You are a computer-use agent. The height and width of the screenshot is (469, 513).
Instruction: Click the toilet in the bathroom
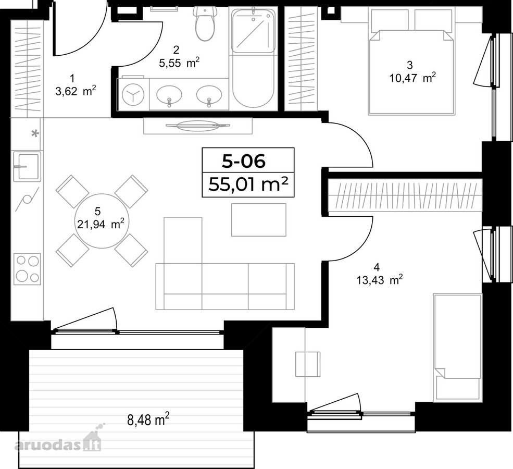(x=205, y=23)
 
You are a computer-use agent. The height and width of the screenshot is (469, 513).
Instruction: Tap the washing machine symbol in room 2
(x=133, y=94)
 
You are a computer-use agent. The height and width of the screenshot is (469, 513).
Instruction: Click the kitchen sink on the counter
(x=27, y=166)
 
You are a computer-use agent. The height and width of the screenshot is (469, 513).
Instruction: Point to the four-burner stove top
(x=28, y=269)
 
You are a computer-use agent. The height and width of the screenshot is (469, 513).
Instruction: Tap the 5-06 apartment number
(x=243, y=161)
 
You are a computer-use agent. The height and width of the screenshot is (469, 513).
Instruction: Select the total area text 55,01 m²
(x=248, y=185)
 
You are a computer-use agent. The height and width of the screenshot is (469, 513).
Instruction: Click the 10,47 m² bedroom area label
(x=412, y=78)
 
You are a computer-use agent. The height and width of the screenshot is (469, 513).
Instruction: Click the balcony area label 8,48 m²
(x=148, y=419)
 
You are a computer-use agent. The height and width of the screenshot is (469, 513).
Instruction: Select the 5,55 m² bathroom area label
(x=179, y=63)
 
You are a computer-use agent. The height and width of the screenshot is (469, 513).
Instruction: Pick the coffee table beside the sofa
(x=259, y=219)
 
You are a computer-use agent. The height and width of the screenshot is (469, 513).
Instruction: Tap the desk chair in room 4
(x=308, y=364)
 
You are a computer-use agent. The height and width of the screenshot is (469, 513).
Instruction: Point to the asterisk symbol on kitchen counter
(x=35, y=133)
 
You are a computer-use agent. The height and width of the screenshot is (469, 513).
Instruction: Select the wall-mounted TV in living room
(x=198, y=126)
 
